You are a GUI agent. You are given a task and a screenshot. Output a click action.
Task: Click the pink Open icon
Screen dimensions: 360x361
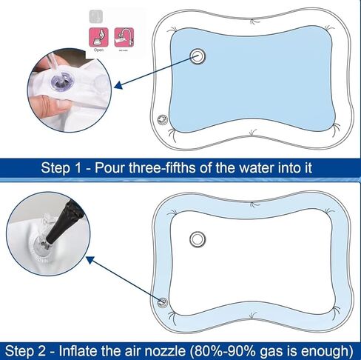point(98,36)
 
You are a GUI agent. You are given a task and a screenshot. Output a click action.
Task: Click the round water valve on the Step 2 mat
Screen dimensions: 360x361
point(198,239)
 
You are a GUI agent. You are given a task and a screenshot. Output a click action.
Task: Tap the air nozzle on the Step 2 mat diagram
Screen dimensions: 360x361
point(162,301)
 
